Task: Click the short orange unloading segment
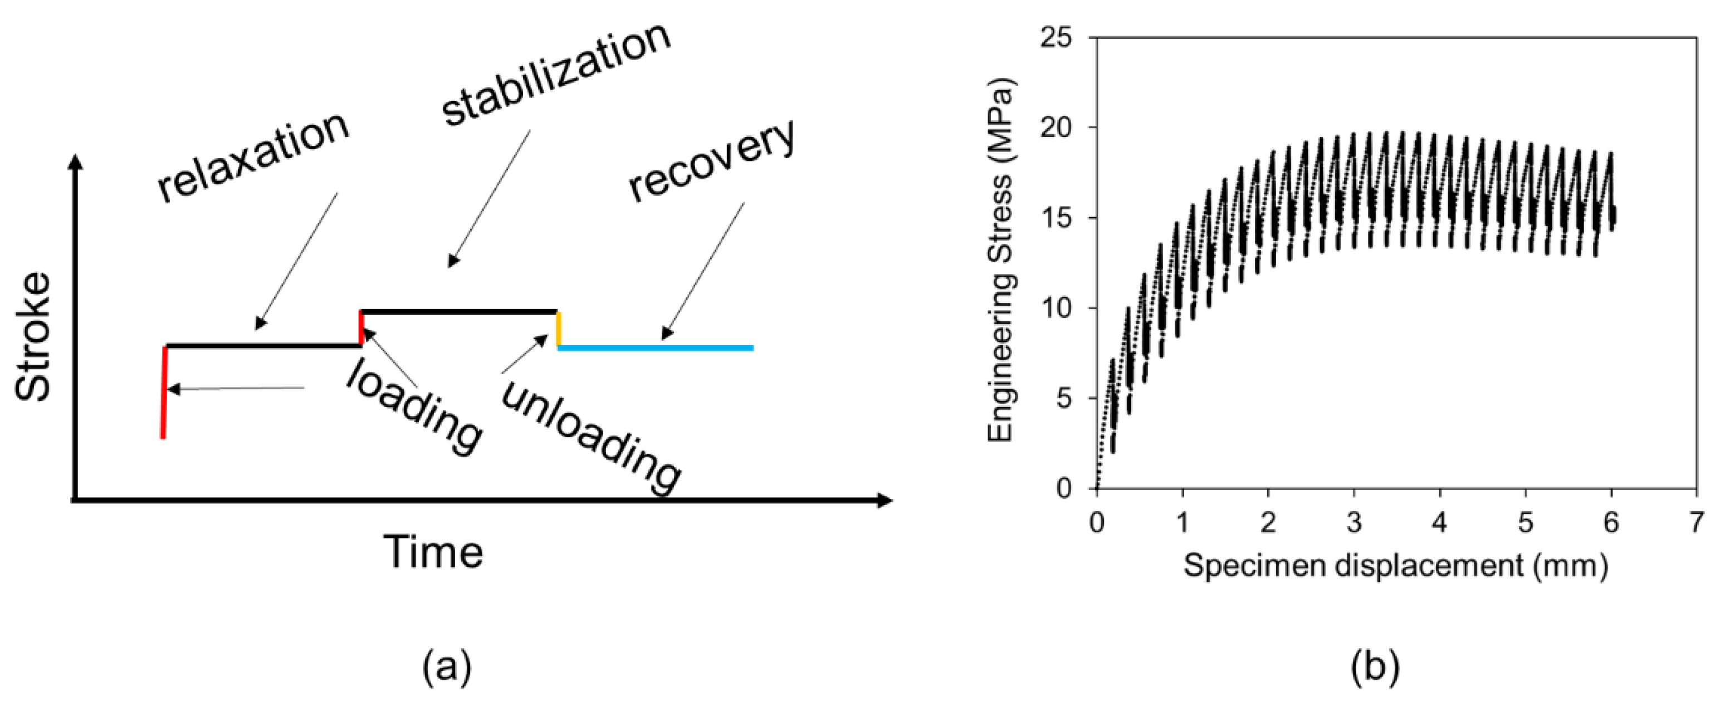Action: point(558,329)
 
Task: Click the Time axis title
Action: point(433,553)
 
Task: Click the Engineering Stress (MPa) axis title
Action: point(1000,261)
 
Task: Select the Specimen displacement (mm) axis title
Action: point(1395,566)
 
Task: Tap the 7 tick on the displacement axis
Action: point(1697,522)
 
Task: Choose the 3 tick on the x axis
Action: point(1354,522)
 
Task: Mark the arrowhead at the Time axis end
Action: point(884,500)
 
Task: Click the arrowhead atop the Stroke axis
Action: point(75,162)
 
